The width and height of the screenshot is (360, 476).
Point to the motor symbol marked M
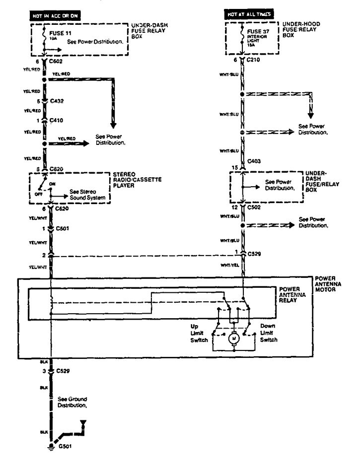pos(232,339)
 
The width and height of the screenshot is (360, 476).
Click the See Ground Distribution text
pos(72,402)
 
